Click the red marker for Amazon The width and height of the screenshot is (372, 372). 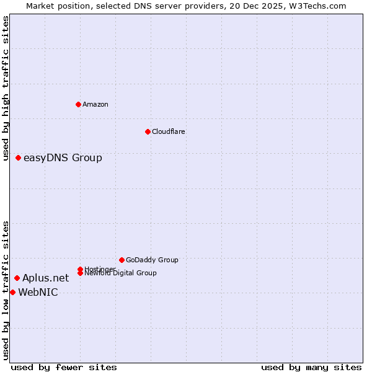coord(78,104)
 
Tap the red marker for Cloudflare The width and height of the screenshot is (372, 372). coord(148,131)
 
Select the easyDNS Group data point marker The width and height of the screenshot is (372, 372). coord(19,158)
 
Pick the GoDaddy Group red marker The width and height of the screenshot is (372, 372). coord(122,260)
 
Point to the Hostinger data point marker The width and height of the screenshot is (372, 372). coord(81,269)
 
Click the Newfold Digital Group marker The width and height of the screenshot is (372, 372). coord(81,273)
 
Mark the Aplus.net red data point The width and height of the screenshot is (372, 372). coord(17,278)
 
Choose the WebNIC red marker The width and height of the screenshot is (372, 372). coord(12,292)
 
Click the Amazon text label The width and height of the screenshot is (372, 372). coord(95,104)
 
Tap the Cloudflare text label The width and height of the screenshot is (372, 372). coord(169,131)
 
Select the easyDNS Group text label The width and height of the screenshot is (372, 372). coord(63,158)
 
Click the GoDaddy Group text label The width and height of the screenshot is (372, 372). coord(152,260)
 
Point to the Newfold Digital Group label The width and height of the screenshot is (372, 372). coord(120,273)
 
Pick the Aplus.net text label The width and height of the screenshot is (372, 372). coord(45,278)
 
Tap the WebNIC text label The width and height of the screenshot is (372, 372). coord(38,293)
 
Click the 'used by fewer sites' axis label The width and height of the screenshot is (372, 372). coord(64,367)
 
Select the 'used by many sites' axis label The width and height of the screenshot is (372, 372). coord(311,367)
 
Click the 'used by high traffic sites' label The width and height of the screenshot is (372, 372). coord(6,88)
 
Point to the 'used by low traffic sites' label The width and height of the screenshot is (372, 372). coord(6,290)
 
